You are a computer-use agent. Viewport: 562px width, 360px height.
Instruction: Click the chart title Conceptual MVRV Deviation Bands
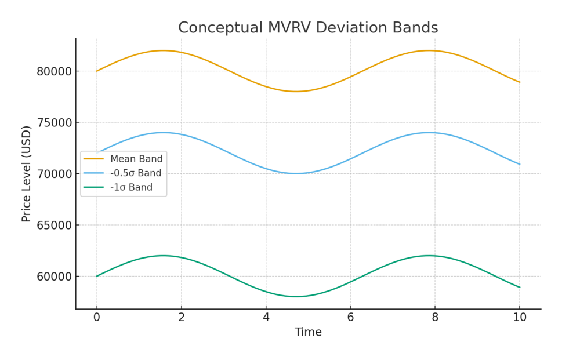[308, 28]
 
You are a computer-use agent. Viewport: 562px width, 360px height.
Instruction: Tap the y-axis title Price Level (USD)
[27, 174]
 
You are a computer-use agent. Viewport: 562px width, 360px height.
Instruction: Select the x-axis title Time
[308, 332]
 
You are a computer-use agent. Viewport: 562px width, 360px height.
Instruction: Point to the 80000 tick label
[53, 71]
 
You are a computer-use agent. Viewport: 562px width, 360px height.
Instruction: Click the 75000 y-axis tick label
[53, 122]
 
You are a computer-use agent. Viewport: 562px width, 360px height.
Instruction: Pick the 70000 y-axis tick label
[53, 174]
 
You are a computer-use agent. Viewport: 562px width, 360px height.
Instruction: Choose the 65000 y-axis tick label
[53, 225]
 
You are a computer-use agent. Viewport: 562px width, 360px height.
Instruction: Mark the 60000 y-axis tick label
[53, 276]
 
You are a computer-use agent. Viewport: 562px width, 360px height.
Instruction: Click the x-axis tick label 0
[97, 317]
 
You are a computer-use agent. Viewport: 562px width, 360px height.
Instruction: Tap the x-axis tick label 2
[182, 317]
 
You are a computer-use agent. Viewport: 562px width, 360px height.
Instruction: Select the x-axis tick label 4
[266, 317]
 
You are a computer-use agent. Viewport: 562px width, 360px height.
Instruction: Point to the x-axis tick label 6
[350, 317]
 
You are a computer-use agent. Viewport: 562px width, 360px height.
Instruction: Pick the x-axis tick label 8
[435, 317]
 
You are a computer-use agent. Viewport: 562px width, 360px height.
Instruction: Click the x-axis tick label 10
[520, 317]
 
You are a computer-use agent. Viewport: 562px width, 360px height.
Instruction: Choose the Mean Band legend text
[136, 159]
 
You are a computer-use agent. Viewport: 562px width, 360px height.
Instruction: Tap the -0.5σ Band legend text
[136, 173]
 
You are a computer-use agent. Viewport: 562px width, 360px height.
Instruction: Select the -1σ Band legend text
[131, 187]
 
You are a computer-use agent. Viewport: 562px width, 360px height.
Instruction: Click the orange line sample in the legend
[93, 159]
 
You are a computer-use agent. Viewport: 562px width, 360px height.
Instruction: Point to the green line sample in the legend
[93, 187]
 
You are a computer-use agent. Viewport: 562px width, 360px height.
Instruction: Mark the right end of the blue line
[520, 164]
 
